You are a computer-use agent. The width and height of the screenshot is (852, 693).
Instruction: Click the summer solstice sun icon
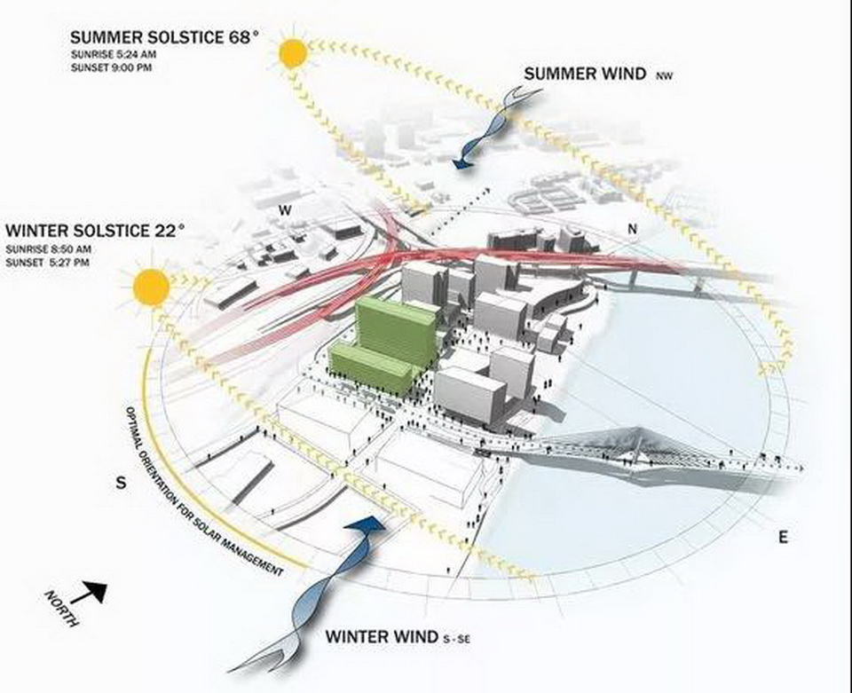point(294,53)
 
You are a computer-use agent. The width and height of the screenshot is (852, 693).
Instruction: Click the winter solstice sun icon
point(152,287)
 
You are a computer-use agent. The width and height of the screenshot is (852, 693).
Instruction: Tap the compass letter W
point(284,210)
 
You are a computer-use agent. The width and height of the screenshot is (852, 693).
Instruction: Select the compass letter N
point(632,229)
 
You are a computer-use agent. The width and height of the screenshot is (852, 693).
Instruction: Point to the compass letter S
point(122,483)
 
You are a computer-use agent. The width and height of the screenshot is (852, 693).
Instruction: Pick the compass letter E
point(783,537)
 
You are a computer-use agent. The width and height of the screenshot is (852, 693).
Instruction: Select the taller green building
point(397,330)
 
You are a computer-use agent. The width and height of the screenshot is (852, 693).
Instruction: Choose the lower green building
point(371,368)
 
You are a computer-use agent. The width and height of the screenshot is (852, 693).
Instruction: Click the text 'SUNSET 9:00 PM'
point(112,68)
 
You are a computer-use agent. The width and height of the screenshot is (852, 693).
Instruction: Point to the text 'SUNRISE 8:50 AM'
point(48,250)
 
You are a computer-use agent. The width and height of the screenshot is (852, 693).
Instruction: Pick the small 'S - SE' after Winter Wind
point(456,640)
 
